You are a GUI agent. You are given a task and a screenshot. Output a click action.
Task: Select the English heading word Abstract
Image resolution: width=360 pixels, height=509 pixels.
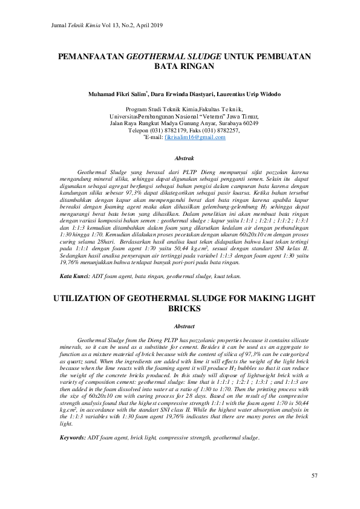click(x=184, y=326)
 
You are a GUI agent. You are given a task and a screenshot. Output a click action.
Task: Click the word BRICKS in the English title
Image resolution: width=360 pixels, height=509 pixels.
click(x=184, y=309)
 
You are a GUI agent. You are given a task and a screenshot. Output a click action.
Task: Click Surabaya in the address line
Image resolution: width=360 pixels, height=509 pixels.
click(x=221, y=123)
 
